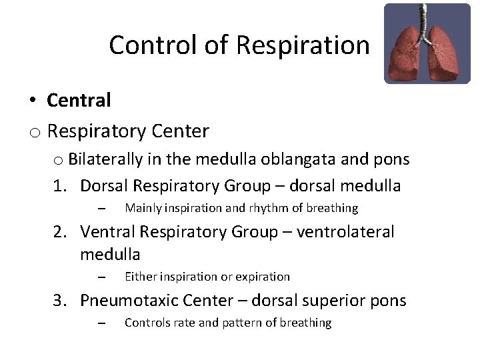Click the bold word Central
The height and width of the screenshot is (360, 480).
pyautogui.click(x=79, y=100)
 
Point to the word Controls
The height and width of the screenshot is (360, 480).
pyautogui.click(x=146, y=323)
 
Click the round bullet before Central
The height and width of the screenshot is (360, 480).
pyautogui.click(x=32, y=101)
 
